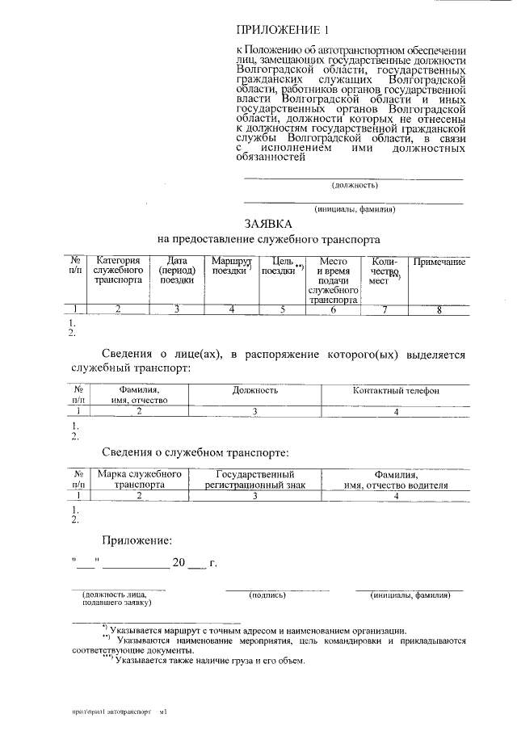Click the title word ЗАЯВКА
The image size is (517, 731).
(268, 223)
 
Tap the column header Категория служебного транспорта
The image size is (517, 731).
(118, 271)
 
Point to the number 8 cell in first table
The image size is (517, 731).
(439, 309)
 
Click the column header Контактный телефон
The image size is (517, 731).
(396, 390)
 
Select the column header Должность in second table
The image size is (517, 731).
(255, 390)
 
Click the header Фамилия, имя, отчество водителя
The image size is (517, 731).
(396, 479)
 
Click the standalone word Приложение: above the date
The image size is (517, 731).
(137, 540)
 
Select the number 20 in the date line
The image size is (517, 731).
(179, 562)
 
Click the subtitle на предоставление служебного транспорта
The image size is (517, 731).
(268, 240)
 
